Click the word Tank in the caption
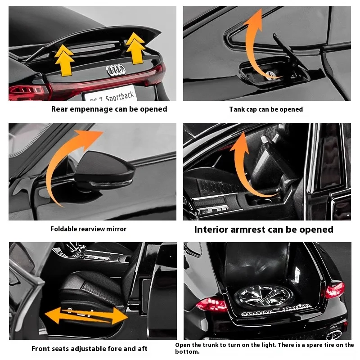pyautogui.click(x=237, y=109)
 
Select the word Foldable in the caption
pyautogui.click(x=64, y=229)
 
